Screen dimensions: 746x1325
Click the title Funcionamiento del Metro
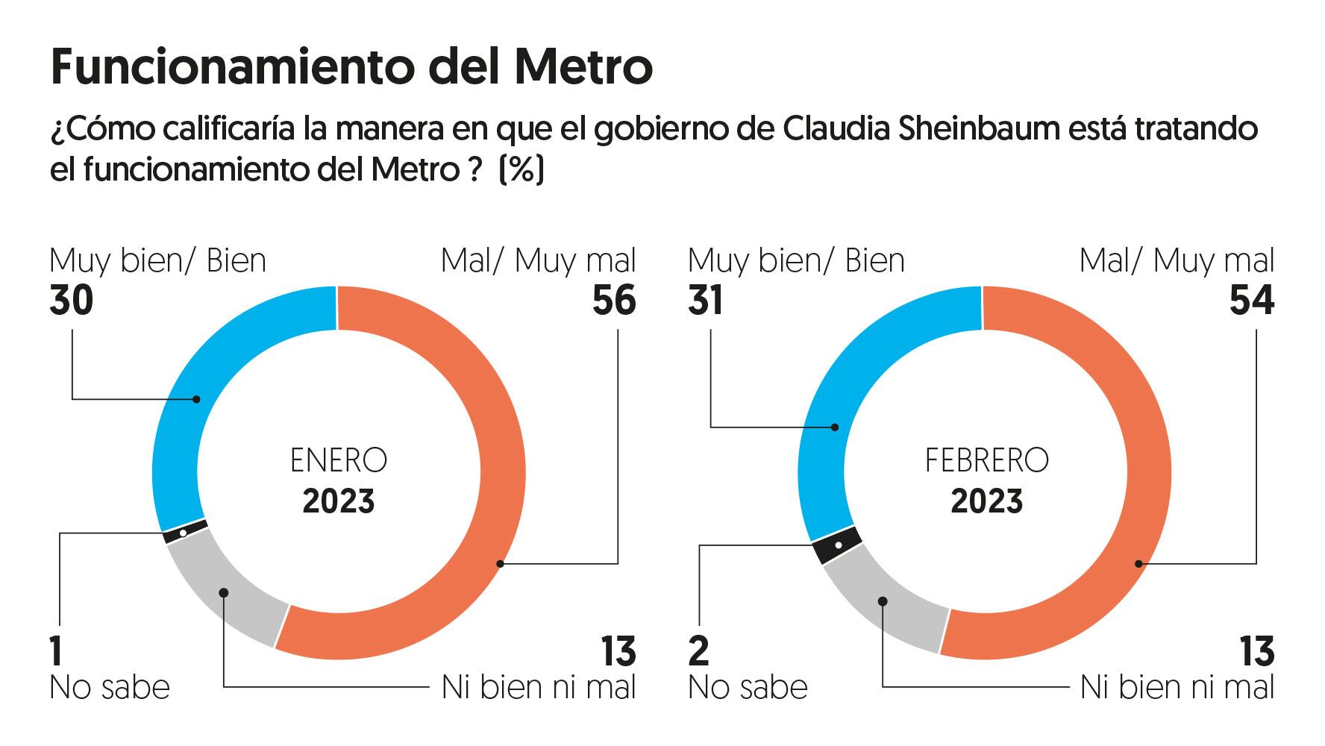351,67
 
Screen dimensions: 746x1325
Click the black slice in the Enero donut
184,533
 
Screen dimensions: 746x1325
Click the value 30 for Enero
72,301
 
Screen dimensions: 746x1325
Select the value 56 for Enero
614,301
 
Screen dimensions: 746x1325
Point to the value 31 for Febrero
706,301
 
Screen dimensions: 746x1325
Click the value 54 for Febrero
1252,301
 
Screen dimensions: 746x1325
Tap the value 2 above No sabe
698,651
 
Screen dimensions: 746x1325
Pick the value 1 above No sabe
57,651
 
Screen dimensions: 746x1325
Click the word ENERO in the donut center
339,460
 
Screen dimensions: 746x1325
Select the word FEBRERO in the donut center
986,460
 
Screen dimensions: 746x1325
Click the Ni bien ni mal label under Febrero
1177,687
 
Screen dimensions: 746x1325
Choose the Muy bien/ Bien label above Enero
157,261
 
